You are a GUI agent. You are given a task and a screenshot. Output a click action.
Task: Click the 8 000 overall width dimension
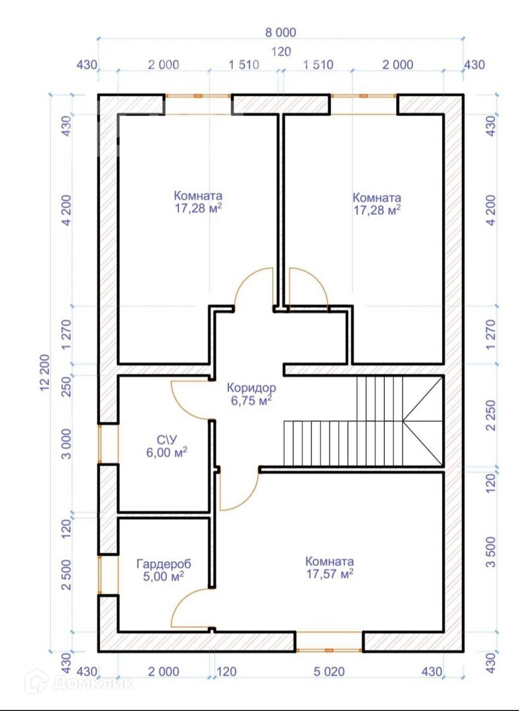pos(282,33)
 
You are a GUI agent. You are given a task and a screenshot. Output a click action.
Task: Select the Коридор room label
pos(251,388)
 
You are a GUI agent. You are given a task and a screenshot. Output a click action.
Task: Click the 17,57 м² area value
pos(330,573)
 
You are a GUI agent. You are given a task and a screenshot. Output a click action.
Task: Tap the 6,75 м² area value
pos(251,400)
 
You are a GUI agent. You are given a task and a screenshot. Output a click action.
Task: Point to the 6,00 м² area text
pos(166,452)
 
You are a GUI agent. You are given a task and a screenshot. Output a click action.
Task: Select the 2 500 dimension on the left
pos(66,574)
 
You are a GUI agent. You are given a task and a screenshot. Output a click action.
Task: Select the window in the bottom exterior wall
pos(329,642)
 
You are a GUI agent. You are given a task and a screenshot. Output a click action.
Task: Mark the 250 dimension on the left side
pos(66,385)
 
